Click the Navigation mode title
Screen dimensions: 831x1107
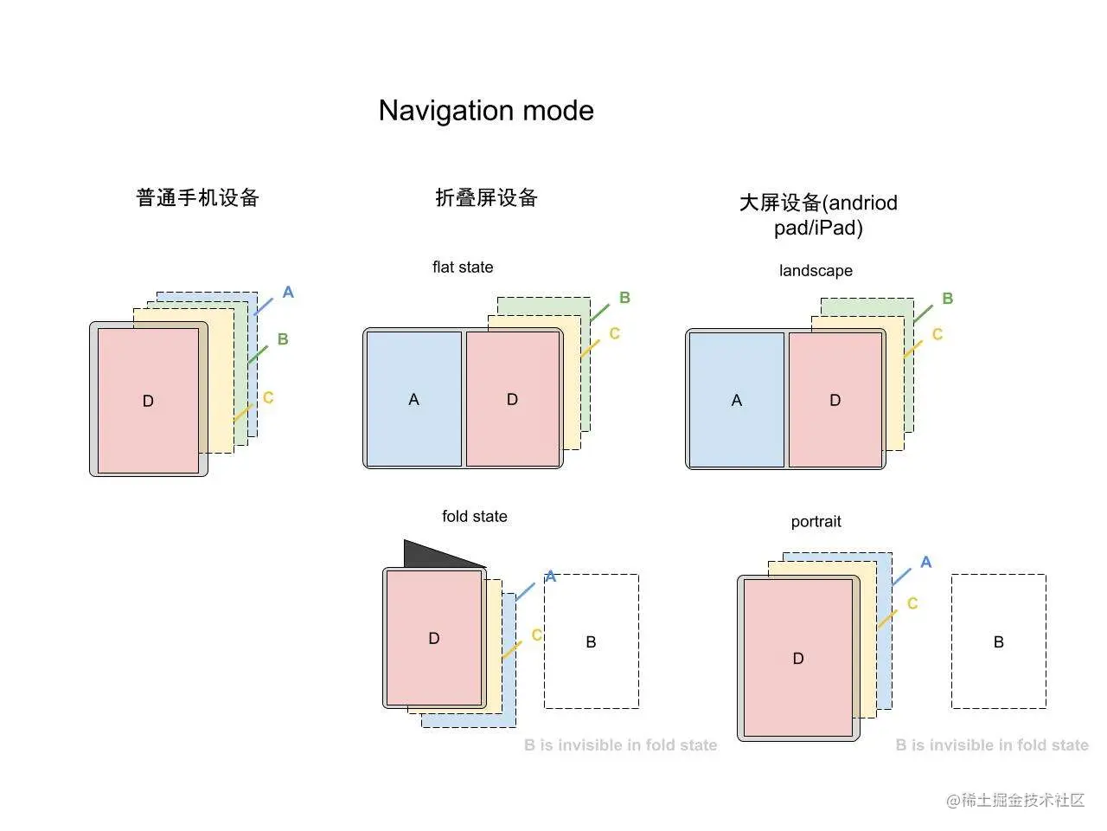click(x=486, y=111)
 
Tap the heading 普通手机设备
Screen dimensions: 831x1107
click(x=198, y=197)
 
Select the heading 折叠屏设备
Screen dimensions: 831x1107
click(x=486, y=197)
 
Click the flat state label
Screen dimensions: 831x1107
click(x=463, y=267)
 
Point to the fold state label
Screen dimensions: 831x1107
click(x=474, y=517)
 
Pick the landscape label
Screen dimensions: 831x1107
click(x=816, y=271)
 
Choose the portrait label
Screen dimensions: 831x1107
click(x=816, y=522)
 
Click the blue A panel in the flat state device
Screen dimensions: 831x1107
click(x=414, y=399)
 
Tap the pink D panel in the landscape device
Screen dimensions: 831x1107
click(x=835, y=400)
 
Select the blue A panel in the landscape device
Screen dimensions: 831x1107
click(x=736, y=400)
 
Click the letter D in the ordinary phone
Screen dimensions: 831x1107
click(x=148, y=401)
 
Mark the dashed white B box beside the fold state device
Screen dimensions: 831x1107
click(x=592, y=641)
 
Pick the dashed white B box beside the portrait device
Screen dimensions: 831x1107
click(x=999, y=641)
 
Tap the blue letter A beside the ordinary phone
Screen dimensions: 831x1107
click(x=288, y=293)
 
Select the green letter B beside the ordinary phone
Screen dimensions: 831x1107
click(x=283, y=339)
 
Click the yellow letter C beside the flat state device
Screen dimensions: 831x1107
click(x=615, y=333)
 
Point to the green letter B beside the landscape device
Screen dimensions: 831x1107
click(x=948, y=299)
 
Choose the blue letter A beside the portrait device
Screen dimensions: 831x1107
click(x=926, y=563)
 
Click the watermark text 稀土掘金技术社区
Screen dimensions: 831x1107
click(x=1024, y=800)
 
